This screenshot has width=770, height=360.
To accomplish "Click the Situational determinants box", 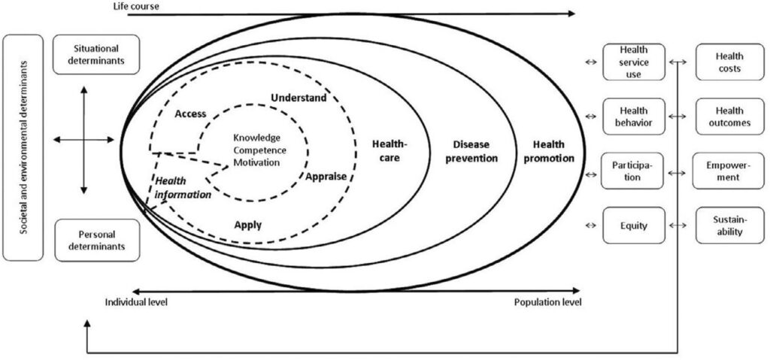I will pos(95,54).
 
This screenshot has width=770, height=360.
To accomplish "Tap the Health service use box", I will pos(634,62).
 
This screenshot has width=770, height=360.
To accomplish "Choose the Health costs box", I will pos(728,62).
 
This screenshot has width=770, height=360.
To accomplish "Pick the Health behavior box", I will pos(634,116).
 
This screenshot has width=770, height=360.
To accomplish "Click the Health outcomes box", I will pos(728,116).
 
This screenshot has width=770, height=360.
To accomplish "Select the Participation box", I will pos(634,171).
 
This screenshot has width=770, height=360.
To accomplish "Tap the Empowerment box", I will pos(728,171).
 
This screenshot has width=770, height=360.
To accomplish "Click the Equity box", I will pos(634,225).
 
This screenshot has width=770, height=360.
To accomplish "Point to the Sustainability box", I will pos(728,225).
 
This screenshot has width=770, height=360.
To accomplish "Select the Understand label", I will pos(299,98).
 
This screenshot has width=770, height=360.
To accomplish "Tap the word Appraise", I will pos(326,176).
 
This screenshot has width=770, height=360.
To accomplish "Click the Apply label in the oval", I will pos(247,224).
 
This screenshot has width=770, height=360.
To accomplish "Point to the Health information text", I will pos(183,187).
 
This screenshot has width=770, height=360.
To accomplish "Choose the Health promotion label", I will pos(553,151).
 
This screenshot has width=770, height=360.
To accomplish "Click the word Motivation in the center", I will pos(256,162).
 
